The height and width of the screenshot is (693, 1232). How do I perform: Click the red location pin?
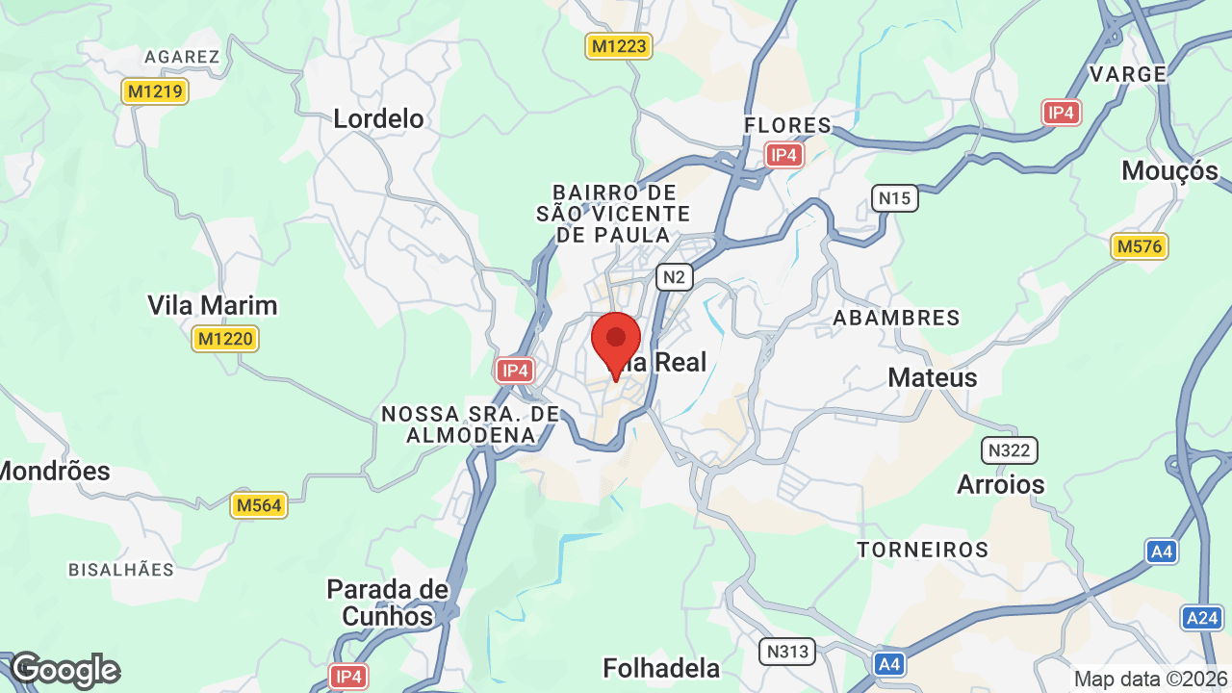coord(616,343)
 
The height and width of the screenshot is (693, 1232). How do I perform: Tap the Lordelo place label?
coord(378,118)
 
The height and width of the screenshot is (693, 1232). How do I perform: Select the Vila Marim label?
coord(212,305)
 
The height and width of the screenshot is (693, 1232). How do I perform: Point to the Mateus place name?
coord(932,377)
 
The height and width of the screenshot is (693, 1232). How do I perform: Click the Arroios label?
coord(1000,484)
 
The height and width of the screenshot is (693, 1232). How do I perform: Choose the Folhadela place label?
coord(660,668)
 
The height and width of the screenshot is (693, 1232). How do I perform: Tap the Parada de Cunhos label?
coord(387,603)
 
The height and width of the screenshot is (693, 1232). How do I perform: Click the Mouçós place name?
coord(1169,171)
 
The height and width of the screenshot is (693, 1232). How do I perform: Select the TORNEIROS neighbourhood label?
coord(922,550)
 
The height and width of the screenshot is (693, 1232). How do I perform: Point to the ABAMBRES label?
coord(895,318)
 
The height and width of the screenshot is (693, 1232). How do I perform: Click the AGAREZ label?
coord(182,57)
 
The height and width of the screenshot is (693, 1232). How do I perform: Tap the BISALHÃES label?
coord(121,570)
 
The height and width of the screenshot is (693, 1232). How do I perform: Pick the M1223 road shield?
coord(619,45)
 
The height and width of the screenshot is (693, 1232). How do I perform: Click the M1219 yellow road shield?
coord(155,91)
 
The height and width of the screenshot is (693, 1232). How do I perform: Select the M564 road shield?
coord(259,505)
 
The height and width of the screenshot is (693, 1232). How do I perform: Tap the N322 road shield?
coord(1009,449)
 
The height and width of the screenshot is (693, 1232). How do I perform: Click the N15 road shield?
coord(895,199)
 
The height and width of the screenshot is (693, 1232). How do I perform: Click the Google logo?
coord(64,670)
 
